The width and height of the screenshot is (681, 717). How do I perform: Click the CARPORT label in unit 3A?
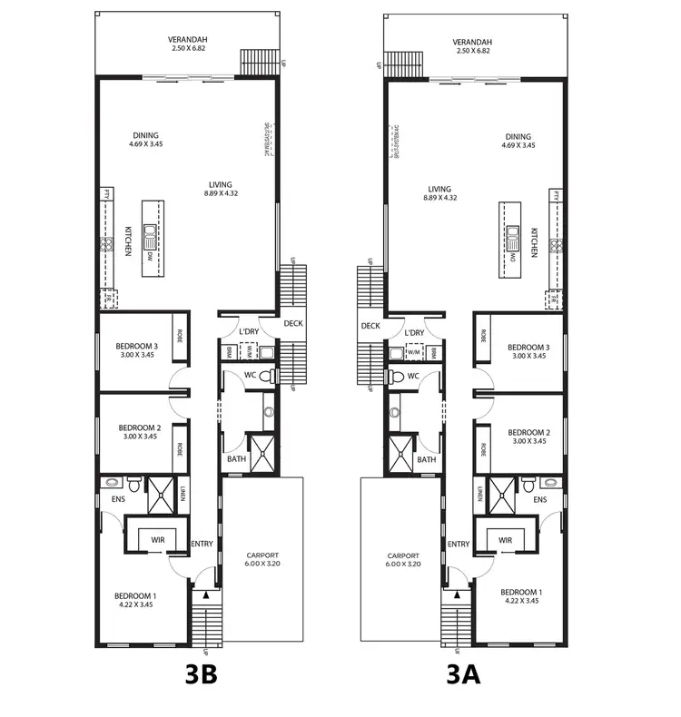[x=402, y=556]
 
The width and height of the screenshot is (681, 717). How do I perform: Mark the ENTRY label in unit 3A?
[x=459, y=545]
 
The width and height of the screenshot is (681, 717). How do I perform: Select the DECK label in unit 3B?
[x=292, y=324]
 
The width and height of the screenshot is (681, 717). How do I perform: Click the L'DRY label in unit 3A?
[x=415, y=333]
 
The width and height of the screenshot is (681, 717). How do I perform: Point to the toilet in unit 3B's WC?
[x=265, y=376]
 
